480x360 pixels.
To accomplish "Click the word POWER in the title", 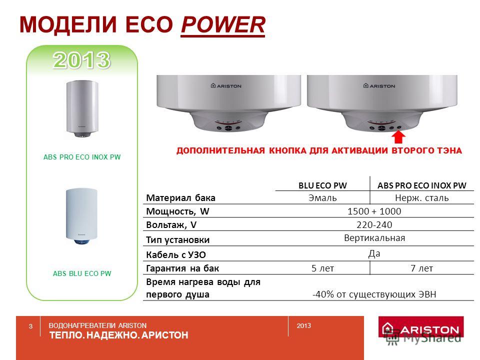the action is [223, 24].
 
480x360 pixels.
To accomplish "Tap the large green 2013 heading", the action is [81, 60].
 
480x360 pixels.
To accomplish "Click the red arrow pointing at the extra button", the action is [398, 137].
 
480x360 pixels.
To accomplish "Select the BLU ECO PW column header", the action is [322, 185].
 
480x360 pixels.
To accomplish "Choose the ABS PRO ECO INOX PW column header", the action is [421, 185].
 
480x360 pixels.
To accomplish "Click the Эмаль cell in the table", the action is [322, 198].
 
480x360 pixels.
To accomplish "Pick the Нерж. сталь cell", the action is [422, 198].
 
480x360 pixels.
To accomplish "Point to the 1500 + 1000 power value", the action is [374, 211].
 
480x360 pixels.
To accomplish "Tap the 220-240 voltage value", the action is [374, 224].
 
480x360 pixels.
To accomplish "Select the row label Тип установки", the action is [178, 239].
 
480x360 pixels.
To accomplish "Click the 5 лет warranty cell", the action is [322, 268].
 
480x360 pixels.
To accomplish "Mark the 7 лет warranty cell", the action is [422, 268].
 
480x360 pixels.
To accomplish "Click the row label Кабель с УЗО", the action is [176, 254].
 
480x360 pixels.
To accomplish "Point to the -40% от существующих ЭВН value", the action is [374, 294].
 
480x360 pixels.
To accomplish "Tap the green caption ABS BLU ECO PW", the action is [82, 273].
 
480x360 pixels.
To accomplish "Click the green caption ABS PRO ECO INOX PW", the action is [82, 157].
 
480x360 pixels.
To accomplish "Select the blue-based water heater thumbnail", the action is [81, 216].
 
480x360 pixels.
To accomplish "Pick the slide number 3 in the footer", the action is [30, 326].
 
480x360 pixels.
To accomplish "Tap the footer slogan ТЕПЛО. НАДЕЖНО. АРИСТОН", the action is [119, 335].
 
